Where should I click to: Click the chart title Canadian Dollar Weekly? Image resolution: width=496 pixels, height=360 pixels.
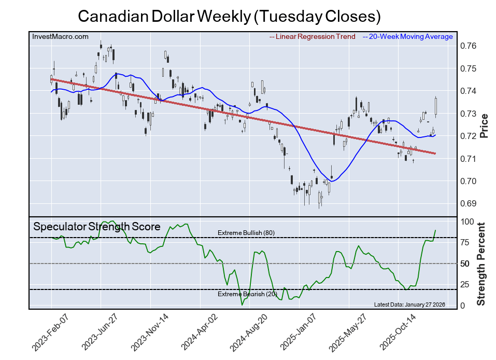point(229,16)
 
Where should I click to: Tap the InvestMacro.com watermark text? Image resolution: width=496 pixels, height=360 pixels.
point(60,36)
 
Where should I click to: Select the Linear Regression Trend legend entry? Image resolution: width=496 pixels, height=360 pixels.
point(313,37)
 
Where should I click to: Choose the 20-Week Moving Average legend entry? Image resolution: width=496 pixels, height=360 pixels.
point(408,37)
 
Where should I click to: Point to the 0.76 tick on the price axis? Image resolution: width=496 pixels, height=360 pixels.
point(469,46)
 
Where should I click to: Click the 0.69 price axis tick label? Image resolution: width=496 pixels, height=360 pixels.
point(469,203)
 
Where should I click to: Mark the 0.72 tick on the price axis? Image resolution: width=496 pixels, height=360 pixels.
point(469,136)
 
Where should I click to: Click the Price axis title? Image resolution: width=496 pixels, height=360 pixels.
point(484,125)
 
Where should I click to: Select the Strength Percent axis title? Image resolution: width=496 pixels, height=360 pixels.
point(482,264)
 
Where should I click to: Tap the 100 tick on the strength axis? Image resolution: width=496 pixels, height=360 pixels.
point(467,221)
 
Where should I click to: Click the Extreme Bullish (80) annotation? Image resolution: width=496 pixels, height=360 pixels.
point(246,233)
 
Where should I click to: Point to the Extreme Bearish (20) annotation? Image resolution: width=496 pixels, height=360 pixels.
point(247,294)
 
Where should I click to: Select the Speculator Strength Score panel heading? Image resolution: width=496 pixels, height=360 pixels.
point(97,227)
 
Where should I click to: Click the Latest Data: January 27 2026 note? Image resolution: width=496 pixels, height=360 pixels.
point(409,304)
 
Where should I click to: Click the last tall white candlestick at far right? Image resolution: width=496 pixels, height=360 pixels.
point(436,106)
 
